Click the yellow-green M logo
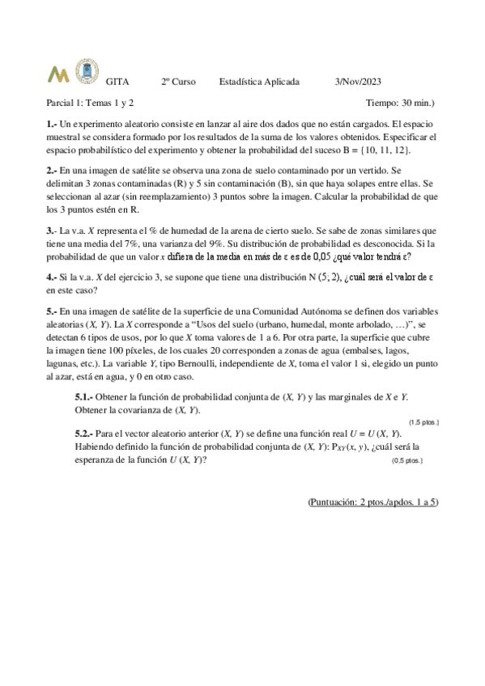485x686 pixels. point(58,75)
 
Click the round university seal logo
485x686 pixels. point(83,70)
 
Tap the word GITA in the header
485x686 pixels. point(117,82)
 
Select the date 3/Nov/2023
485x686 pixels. point(358,82)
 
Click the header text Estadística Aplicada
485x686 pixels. point(259,82)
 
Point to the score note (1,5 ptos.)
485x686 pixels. point(423,422)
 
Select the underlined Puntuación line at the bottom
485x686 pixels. point(373,502)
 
